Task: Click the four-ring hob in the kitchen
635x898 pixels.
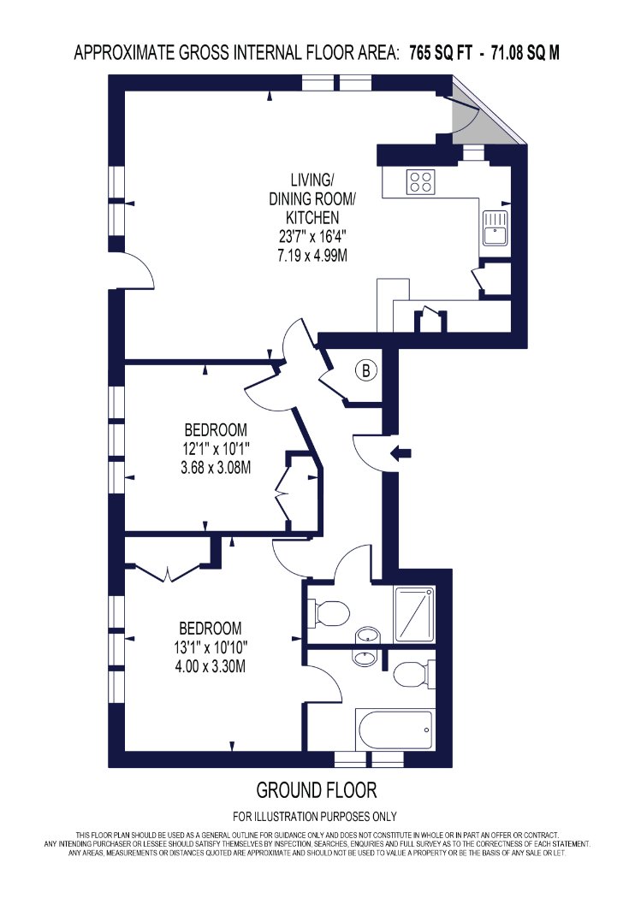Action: tap(421, 182)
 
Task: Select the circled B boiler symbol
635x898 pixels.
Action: tap(366, 370)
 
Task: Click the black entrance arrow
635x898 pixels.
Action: tap(401, 453)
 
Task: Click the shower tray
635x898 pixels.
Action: tap(414, 614)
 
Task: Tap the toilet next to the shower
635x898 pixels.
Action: tap(329, 613)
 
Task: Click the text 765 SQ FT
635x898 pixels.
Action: tap(441, 53)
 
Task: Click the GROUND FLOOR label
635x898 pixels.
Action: tap(317, 790)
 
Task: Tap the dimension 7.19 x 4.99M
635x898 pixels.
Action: tap(312, 255)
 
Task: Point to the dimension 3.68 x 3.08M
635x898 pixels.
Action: tap(216, 468)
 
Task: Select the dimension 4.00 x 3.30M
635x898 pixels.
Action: tap(210, 666)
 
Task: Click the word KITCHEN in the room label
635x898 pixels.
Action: tap(312, 217)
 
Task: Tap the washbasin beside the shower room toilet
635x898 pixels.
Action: tap(367, 635)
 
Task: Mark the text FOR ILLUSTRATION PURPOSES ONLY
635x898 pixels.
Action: tap(315, 816)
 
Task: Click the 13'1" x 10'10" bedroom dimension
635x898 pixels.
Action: tap(211, 647)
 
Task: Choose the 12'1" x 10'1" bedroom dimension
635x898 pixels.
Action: tap(216, 448)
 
